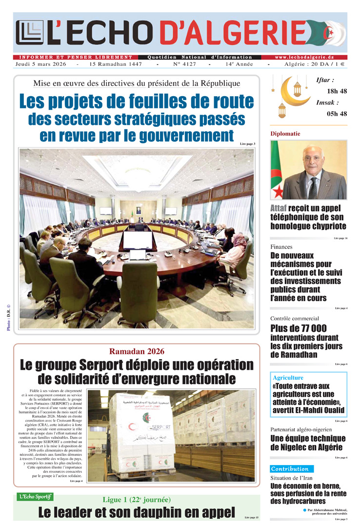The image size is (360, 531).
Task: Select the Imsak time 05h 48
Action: [337, 114]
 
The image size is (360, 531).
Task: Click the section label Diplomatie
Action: [285, 133]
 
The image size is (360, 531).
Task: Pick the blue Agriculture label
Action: [288, 378]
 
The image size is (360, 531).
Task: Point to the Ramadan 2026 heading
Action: [137, 351]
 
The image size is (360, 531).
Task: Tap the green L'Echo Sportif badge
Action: [35, 497]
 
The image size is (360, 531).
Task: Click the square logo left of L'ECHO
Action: [29, 33]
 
